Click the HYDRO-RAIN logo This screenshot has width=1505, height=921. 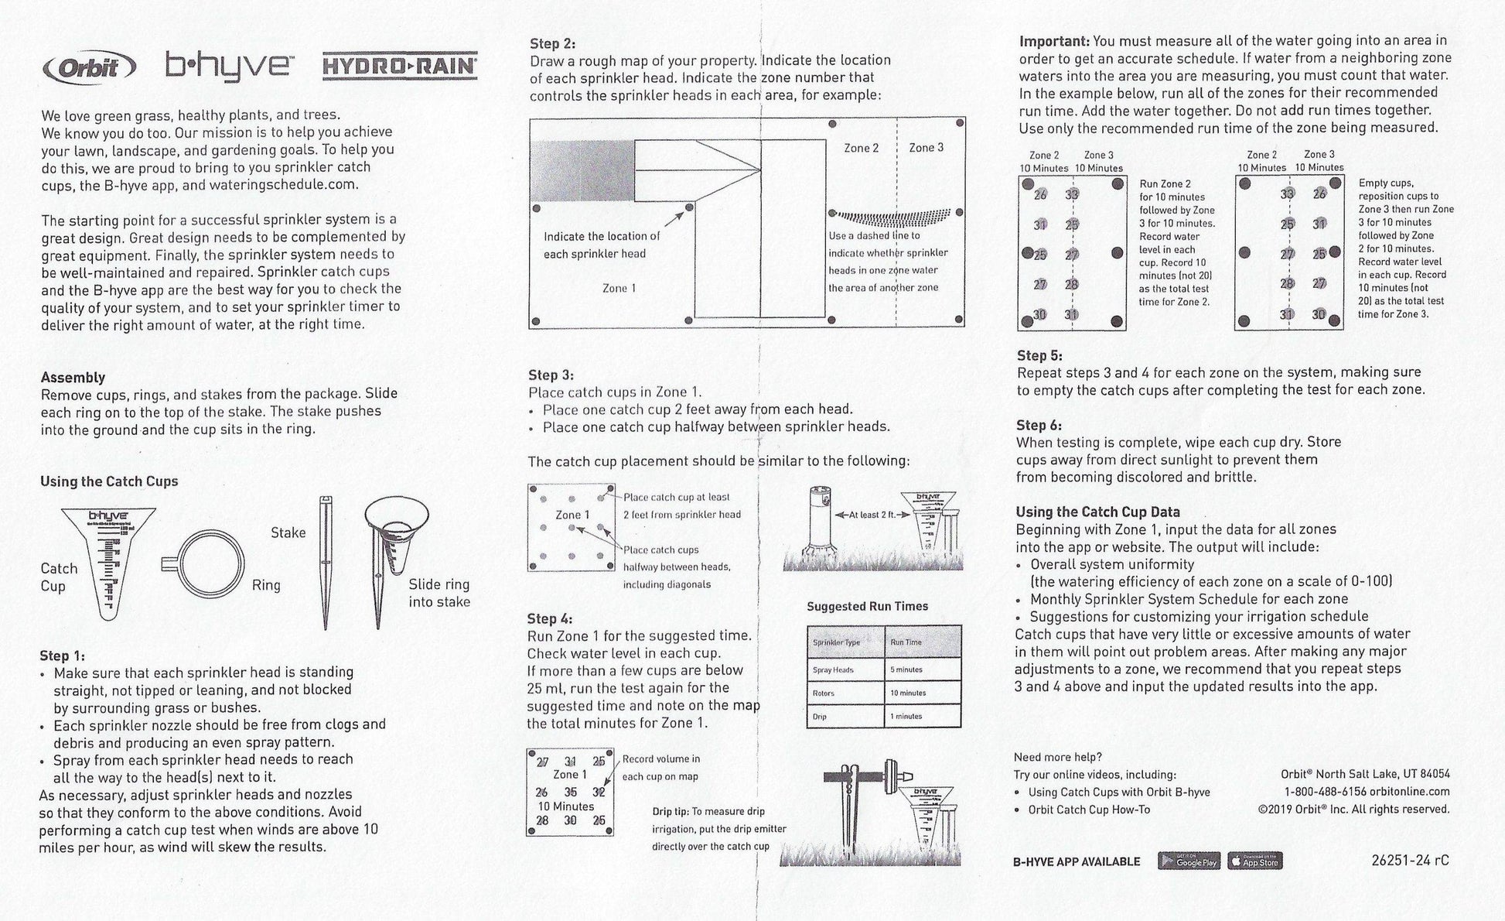[x=399, y=66]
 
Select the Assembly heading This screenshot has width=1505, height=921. [x=73, y=378]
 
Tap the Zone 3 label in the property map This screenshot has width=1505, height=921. [x=926, y=148]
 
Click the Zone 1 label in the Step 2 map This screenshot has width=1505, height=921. [x=619, y=288]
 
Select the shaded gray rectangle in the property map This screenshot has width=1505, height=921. [x=582, y=171]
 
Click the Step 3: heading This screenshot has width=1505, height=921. [x=551, y=375]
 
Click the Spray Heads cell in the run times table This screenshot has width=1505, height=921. [x=833, y=670]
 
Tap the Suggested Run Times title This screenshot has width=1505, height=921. [x=867, y=606]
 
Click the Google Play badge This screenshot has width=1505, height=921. [x=1189, y=861]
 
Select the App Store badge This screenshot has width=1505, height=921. [x=1254, y=861]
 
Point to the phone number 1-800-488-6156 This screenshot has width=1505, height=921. [x=1325, y=792]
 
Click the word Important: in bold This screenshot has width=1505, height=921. [x=1054, y=41]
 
